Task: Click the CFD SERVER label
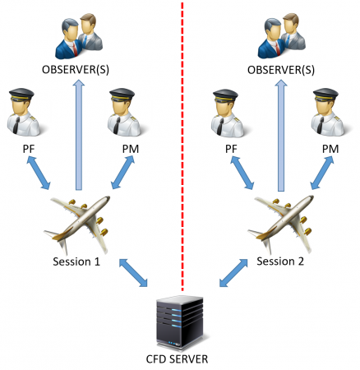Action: tap(177, 358)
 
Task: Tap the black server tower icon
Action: tap(180, 323)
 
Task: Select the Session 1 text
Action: tap(76, 261)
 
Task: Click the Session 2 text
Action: tap(280, 261)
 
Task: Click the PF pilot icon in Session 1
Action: tap(24, 112)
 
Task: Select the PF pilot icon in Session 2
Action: tap(228, 113)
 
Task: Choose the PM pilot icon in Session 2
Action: tap(328, 112)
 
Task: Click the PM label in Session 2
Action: tap(330, 149)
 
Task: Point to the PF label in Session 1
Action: tap(29, 149)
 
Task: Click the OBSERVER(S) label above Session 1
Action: tap(76, 70)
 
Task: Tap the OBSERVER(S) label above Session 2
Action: tap(281, 70)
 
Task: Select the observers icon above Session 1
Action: tap(79, 36)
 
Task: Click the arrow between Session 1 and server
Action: tap(133, 273)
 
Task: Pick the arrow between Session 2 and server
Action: tap(233, 273)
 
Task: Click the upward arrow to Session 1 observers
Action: tap(79, 135)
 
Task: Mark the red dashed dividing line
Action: tap(182, 146)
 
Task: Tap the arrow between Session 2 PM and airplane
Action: tap(322, 173)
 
